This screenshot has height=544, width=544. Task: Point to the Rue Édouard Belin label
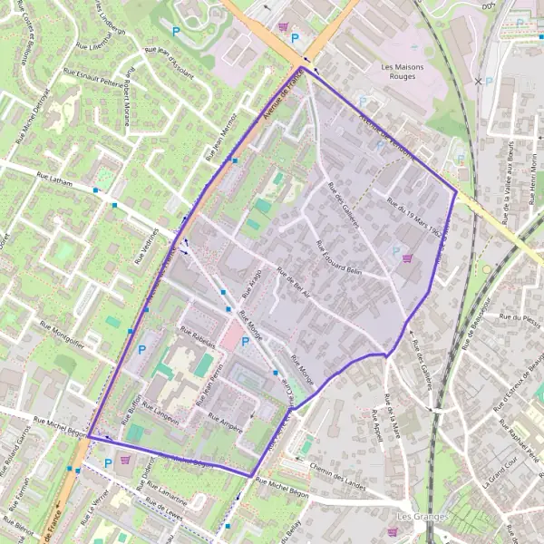coord(338,257)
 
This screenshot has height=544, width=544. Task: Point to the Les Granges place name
coord(417,517)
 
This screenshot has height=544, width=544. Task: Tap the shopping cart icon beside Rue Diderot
coord(124,461)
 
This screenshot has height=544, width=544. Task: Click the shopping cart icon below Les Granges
coord(391,531)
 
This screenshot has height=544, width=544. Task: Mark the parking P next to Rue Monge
coord(245,342)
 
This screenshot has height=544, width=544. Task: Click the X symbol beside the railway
coord(478,82)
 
